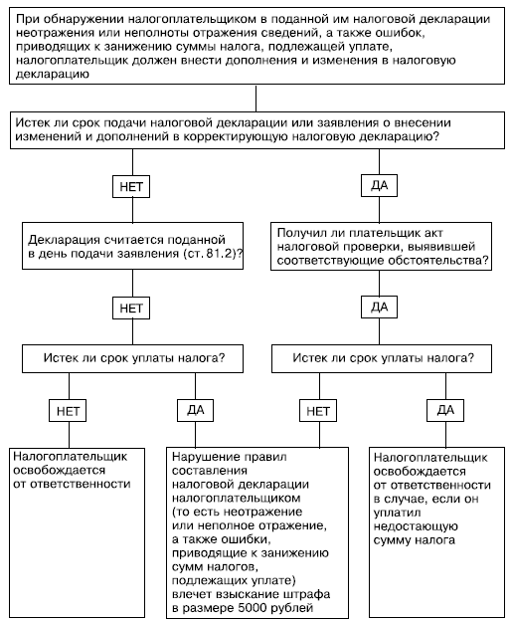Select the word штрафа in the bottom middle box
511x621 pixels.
point(307,594)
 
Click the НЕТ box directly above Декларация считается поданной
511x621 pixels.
point(131,186)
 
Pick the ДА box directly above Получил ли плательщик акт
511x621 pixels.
point(380,186)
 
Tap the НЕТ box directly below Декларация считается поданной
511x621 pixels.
point(131,309)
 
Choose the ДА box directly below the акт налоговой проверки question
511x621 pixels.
point(380,308)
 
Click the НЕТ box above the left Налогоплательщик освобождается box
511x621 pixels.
point(68,411)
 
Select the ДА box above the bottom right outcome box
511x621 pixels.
point(445,410)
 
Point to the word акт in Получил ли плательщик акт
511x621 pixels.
point(433,233)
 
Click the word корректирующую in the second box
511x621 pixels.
point(237,136)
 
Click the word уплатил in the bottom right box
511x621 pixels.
point(397,513)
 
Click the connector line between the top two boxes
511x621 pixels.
point(255,98)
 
